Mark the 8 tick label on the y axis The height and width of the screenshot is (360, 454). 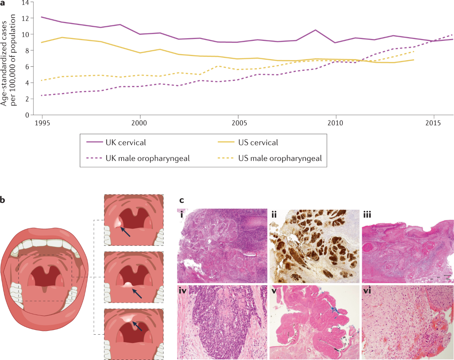27,50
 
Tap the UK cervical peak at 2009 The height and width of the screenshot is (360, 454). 316,30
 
